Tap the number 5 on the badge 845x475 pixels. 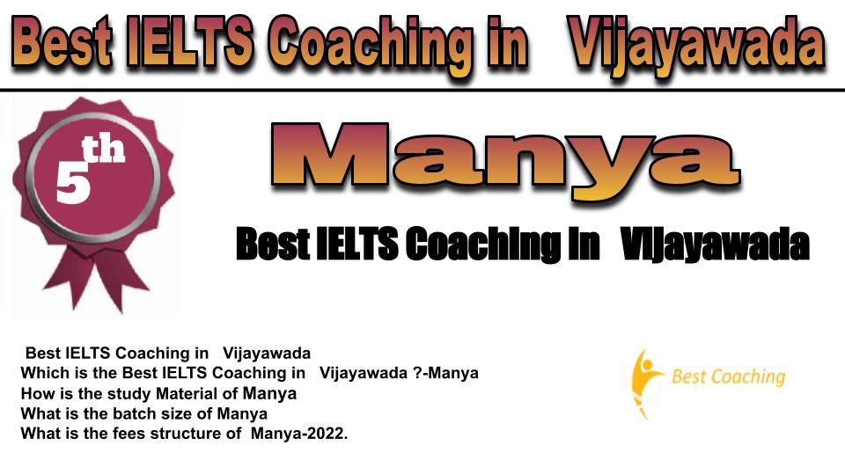(73, 183)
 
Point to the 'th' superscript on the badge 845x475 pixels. (103, 150)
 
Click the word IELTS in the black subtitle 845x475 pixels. (356, 244)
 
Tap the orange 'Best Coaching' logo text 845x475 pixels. (728, 376)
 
